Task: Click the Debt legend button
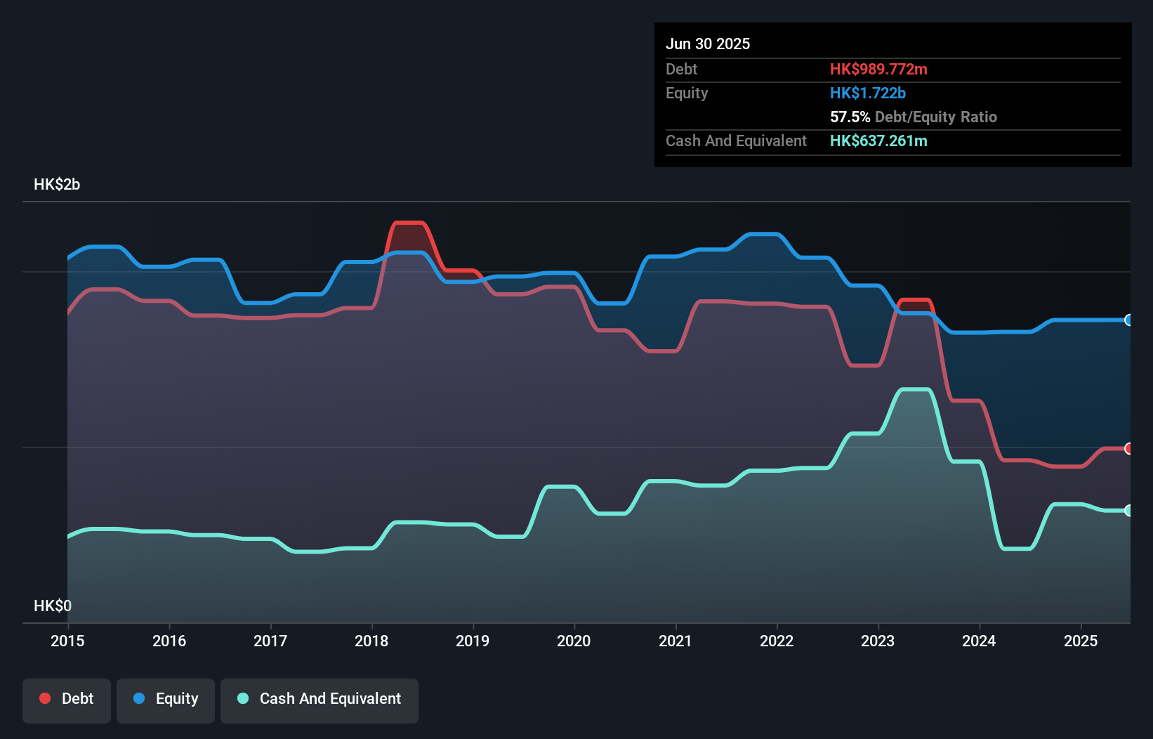coord(67,699)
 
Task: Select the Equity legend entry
coord(166,699)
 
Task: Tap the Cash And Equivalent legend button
coord(319,699)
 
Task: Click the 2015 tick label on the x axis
coord(67,641)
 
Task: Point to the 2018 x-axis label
coord(371,641)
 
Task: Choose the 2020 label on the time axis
coord(574,641)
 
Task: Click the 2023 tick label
coord(878,641)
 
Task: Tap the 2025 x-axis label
coord(1081,641)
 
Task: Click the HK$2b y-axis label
coord(57,185)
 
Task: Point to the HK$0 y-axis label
coord(53,606)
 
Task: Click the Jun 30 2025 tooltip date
coord(708,44)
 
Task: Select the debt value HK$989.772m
coord(878,69)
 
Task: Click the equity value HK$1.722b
coord(868,93)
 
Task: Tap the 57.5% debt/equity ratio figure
coord(850,117)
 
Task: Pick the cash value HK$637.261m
coord(878,140)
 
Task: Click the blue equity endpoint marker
coord(1128,320)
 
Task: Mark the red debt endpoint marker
coord(1128,448)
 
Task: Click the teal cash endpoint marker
coord(1128,511)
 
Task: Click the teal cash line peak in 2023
coord(916,389)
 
